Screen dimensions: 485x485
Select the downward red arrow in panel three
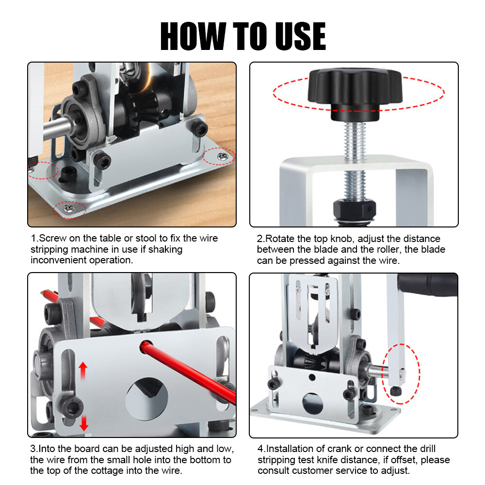(84, 420)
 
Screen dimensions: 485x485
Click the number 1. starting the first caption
(34, 239)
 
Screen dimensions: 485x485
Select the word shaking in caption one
(164, 249)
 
